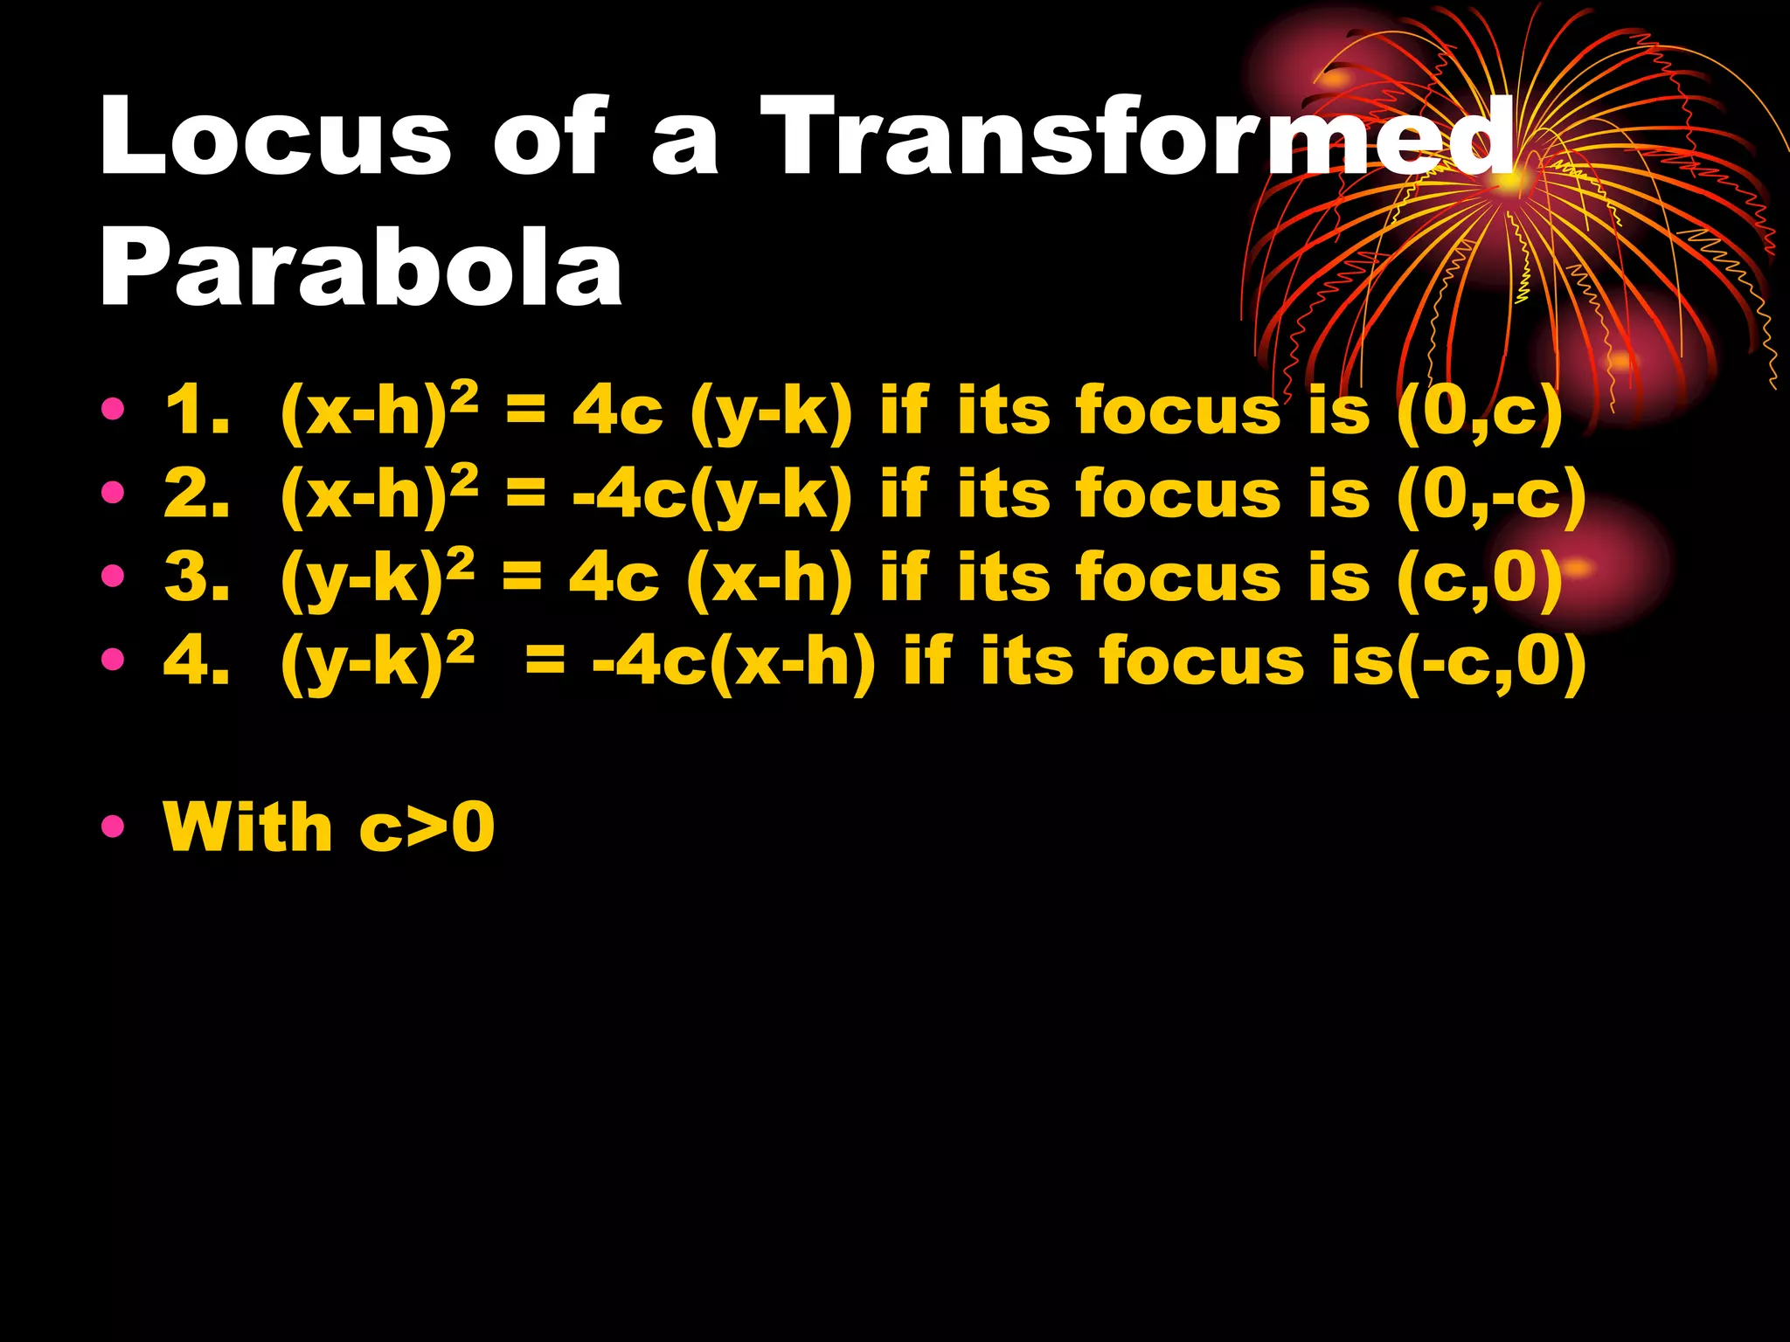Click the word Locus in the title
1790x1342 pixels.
(275, 137)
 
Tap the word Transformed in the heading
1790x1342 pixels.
(1136, 137)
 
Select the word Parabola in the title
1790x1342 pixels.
(361, 266)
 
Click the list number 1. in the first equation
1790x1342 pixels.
(198, 411)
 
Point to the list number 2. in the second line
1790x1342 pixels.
(198, 495)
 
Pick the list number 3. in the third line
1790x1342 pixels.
(198, 578)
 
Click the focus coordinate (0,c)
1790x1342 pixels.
(1479, 412)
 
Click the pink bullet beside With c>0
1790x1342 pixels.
(113, 826)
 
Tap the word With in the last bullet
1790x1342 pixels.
(248, 827)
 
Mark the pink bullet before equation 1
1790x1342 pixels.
(113, 408)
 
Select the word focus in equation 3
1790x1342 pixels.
(1177, 578)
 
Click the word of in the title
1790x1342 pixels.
(549, 137)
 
